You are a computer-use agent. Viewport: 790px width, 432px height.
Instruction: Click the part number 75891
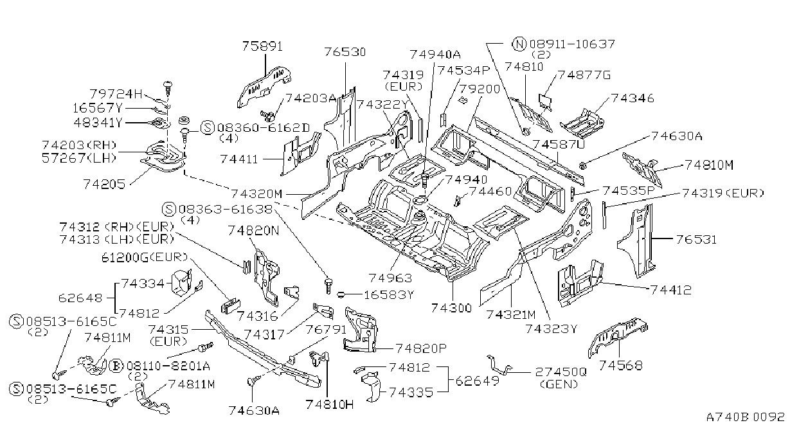(262, 46)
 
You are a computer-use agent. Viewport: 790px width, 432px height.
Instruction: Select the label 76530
(345, 52)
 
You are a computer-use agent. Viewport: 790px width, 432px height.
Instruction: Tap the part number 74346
(633, 98)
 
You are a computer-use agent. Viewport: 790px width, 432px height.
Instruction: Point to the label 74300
(451, 308)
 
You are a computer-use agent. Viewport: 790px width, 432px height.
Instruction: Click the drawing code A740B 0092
(745, 417)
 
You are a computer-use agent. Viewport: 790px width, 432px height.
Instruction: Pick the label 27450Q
(561, 372)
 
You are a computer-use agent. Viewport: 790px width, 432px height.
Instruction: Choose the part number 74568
(621, 365)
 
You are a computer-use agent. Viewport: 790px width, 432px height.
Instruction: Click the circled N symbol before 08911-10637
(519, 44)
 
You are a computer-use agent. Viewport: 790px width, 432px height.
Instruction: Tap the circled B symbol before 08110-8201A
(116, 366)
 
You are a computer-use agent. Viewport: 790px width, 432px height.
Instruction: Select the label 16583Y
(389, 294)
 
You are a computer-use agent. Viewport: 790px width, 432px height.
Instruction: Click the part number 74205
(104, 184)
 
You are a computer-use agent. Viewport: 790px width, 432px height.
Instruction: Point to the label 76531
(697, 240)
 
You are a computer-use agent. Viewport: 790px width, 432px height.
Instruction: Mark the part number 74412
(671, 290)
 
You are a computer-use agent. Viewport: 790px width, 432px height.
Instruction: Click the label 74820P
(421, 348)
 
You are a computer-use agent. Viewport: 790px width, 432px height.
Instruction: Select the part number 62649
(478, 381)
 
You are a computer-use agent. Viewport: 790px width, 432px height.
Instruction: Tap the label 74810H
(329, 404)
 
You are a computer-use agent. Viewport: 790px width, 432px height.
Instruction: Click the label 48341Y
(98, 123)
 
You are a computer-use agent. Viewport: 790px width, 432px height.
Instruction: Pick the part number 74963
(390, 278)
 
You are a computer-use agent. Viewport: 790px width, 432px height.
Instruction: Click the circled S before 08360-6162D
(208, 128)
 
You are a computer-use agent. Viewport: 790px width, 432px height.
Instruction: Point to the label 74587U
(559, 145)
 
